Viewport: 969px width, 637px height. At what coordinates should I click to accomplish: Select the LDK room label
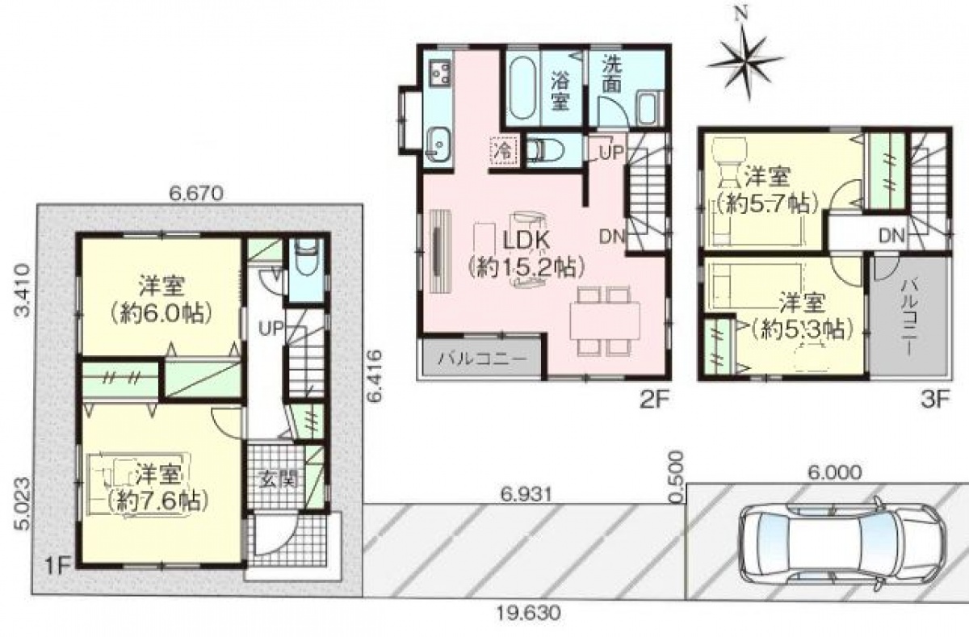coord(526,241)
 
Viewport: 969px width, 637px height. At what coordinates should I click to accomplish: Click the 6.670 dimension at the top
coord(196,193)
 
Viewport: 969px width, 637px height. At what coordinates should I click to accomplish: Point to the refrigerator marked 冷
coord(504,150)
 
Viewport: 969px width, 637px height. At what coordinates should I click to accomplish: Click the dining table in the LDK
coord(605,321)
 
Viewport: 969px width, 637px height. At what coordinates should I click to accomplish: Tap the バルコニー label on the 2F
coord(483,358)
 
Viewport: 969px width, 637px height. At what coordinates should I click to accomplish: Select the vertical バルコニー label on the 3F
coord(908,318)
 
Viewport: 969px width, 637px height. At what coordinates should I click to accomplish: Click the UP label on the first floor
coord(271,329)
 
